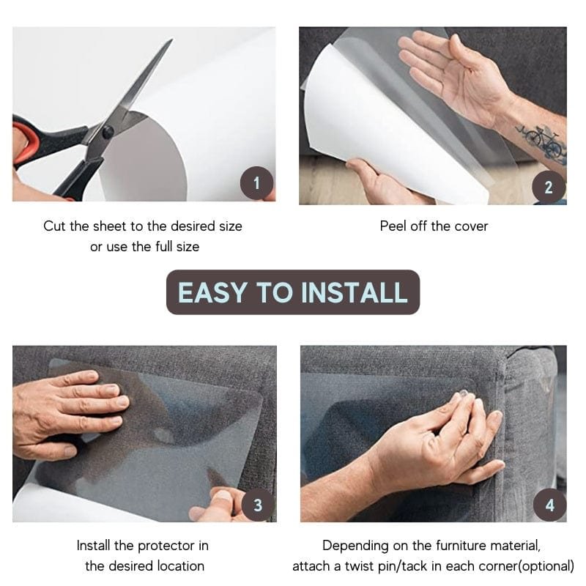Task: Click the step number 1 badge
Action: pyautogui.click(x=256, y=183)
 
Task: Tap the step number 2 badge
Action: pyautogui.click(x=549, y=188)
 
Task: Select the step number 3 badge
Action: pyautogui.click(x=258, y=505)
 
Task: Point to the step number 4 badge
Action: pyautogui.click(x=549, y=505)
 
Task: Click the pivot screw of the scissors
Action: pyautogui.click(x=108, y=132)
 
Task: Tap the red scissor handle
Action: pyautogui.click(x=26, y=143)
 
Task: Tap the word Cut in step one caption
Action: pyautogui.click(x=55, y=226)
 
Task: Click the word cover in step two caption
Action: pyautogui.click(x=471, y=226)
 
